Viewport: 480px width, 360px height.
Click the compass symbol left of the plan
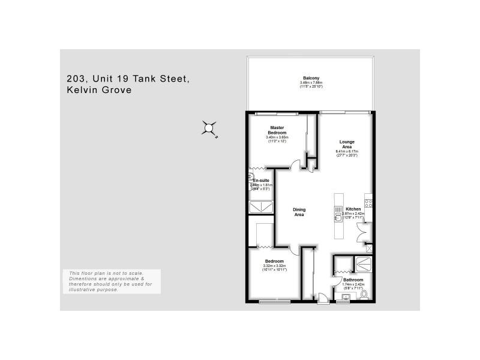pos(209,128)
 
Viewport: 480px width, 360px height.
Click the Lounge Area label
pos(346,144)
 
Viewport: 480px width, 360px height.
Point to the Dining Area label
pos(299,212)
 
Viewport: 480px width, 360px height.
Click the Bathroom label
pos(353,280)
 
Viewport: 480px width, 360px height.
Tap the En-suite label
pos(260,181)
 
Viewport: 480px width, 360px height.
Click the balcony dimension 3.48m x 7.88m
pos(311,83)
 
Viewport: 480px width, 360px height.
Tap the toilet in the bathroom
pos(364,295)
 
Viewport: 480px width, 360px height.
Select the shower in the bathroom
pos(363,264)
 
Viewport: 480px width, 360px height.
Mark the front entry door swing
pos(323,296)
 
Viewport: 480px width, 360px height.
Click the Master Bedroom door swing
pos(295,165)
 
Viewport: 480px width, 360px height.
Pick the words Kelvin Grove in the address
pos(99,91)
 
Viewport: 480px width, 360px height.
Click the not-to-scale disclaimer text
pos(112,281)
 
